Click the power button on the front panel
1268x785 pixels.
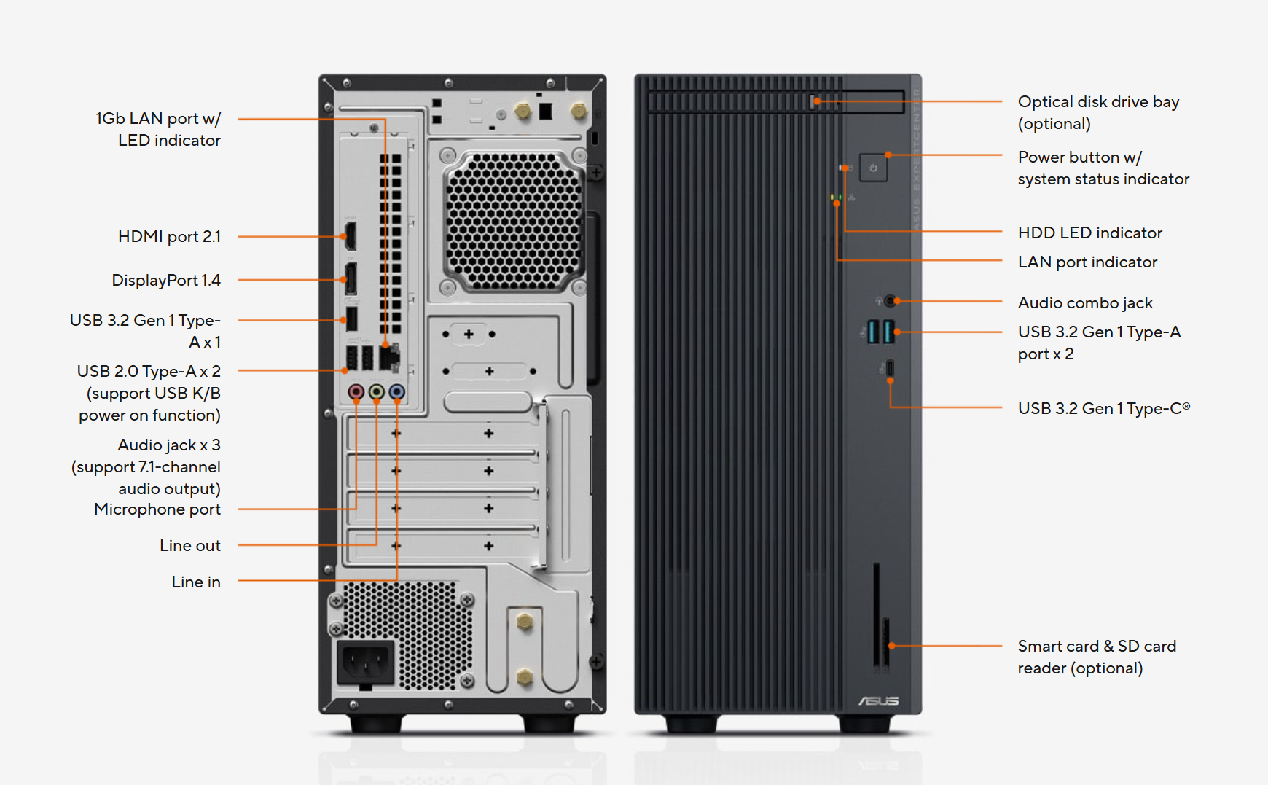(x=873, y=168)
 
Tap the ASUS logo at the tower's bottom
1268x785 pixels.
(x=879, y=700)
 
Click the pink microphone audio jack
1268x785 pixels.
(x=356, y=392)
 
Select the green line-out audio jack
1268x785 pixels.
(x=376, y=392)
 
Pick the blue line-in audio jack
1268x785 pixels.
(x=396, y=392)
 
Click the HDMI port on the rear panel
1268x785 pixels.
(x=351, y=236)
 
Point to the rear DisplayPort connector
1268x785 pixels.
(x=351, y=279)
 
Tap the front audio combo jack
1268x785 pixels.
(x=890, y=300)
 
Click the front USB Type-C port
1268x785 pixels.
(x=890, y=368)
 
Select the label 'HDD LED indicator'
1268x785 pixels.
(x=1089, y=233)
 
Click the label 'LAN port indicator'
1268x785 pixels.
(x=1087, y=262)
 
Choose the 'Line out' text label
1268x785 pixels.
(x=190, y=545)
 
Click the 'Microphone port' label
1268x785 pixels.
(x=157, y=509)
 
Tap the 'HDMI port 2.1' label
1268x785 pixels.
(x=169, y=236)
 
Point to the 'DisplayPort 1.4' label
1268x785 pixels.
(x=166, y=280)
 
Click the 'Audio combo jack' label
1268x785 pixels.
(x=1085, y=302)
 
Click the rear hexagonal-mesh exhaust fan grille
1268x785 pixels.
(x=514, y=221)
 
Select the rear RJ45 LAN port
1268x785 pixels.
(x=389, y=357)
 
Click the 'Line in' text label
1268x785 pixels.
(x=196, y=582)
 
